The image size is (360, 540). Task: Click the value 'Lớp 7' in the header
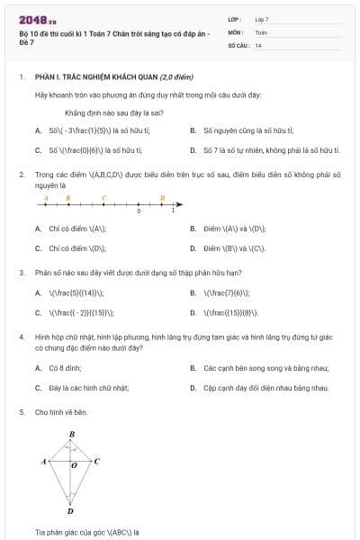pos(262,18)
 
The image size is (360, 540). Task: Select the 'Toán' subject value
pos(261,31)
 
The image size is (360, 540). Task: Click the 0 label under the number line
pos(139,211)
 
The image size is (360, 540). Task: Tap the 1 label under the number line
pos(174,211)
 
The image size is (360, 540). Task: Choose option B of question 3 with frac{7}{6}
pos(226,292)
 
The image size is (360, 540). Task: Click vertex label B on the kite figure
pos(72,435)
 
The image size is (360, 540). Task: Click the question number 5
pos(21,411)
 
